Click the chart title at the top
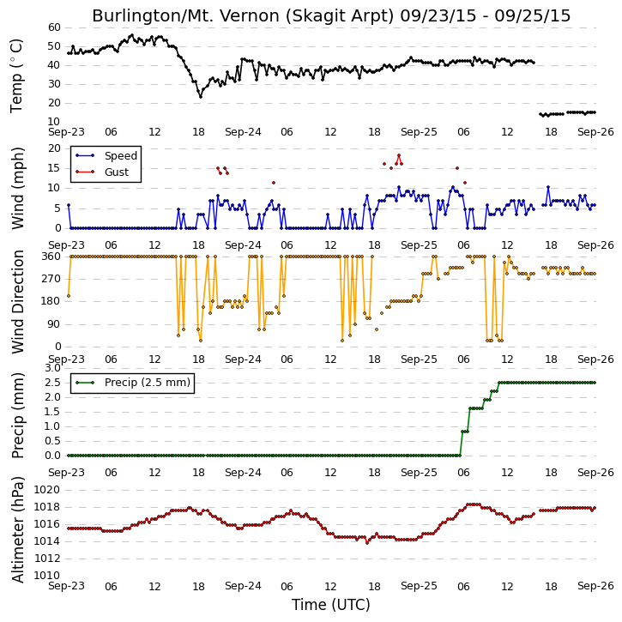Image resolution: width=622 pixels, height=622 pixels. point(331,15)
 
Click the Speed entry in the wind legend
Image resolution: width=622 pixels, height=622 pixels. point(121,156)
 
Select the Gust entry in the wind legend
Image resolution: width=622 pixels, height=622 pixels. point(117,172)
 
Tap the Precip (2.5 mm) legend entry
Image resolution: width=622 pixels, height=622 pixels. point(148,383)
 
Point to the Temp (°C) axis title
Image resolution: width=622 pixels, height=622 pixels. point(16,75)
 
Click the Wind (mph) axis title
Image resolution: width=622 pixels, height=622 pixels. point(17,188)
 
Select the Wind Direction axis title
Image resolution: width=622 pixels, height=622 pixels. point(17,301)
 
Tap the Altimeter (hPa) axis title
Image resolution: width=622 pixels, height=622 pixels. point(17,529)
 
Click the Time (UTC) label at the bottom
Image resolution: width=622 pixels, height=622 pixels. point(331,605)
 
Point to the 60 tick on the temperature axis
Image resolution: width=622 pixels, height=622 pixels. point(54,27)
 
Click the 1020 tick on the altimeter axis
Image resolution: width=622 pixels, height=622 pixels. point(47,490)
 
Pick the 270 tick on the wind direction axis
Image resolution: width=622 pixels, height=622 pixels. point(51,279)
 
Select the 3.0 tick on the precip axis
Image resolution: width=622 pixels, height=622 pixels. point(52,368)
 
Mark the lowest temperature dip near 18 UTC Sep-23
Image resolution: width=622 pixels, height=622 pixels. point(200,96)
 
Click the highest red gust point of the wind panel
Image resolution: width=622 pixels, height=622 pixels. point(399,155)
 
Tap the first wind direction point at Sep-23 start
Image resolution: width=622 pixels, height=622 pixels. point(69,295)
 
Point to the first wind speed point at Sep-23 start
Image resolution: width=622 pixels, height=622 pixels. point(69,205)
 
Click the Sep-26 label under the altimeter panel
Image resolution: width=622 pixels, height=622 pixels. point(595,586)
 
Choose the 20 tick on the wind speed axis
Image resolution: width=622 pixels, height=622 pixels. point(54,148)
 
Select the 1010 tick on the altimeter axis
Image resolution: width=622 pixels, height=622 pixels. point(47,575)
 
